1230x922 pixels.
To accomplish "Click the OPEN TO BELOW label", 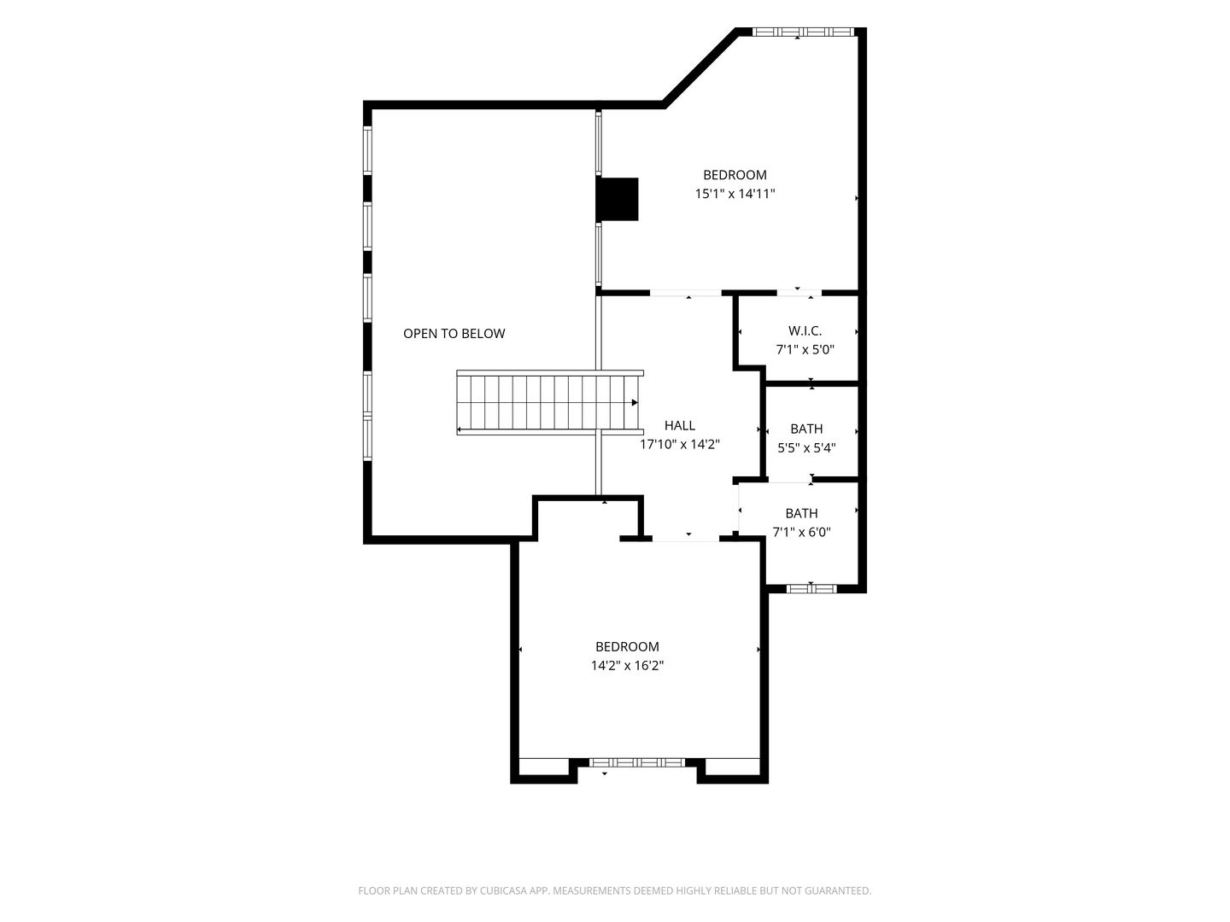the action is (454, 334).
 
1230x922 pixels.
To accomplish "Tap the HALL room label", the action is (680, 425).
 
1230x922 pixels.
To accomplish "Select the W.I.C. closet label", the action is (805, 331).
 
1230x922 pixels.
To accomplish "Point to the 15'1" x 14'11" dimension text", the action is (735, 194).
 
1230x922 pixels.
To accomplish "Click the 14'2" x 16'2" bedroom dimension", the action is (627, 666).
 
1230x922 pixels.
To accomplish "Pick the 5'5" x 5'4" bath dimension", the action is (806, 448).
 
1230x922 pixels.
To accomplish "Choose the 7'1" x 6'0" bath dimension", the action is (801, 533).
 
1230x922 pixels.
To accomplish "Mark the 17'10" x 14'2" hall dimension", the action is (680, 445).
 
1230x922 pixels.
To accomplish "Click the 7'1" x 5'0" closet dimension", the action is (805, 350).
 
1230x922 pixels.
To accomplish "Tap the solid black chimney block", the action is (617, 199).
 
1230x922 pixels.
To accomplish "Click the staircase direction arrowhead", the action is (635, 402).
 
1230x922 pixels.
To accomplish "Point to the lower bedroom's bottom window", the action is (636, 762).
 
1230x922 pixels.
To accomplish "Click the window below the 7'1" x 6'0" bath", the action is (811, 588).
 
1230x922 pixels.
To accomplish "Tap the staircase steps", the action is (548, 402).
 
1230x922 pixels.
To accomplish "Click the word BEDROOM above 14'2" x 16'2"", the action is (627, 646).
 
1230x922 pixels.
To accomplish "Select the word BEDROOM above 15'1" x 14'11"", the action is (735, 175).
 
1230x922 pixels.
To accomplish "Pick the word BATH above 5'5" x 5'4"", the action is (806, 429).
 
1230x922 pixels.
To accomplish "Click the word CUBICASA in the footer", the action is (503, 890).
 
